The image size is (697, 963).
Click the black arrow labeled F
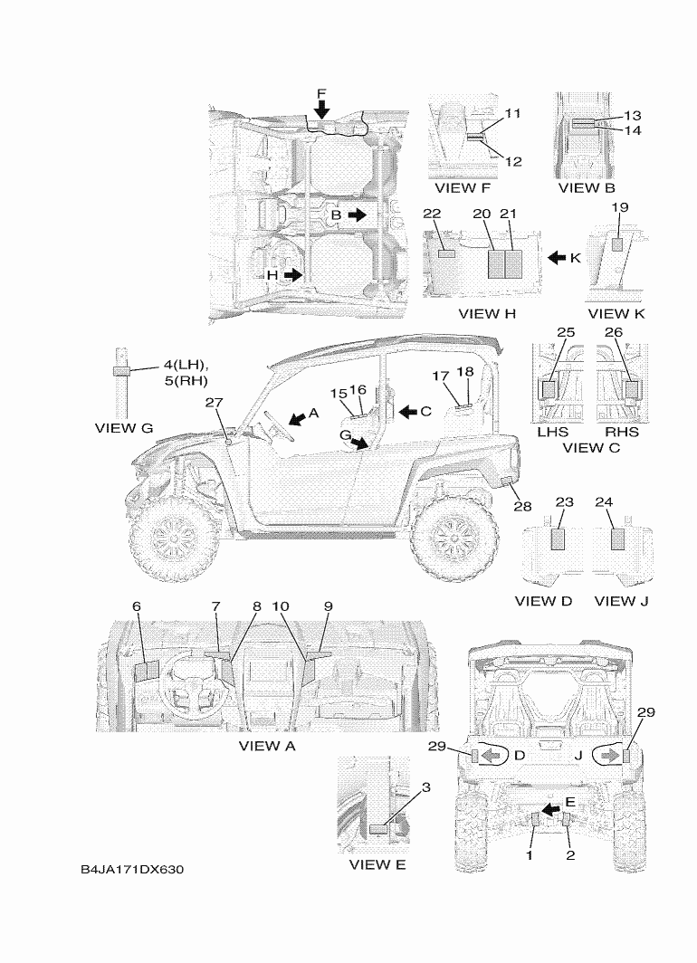(322, 109)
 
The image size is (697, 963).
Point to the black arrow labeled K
(557, 258)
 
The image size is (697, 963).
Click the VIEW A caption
(267, 746)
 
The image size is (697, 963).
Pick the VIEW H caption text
(486, 314)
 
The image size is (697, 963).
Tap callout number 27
(214, 404)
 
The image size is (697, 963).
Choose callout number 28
(521, 506)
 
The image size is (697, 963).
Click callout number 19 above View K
(619, 207)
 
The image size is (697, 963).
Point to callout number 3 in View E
(425, 787)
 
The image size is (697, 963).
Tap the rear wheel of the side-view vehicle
(453, 542)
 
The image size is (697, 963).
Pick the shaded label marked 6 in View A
(146, 671)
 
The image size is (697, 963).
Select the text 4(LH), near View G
(186, 365)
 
